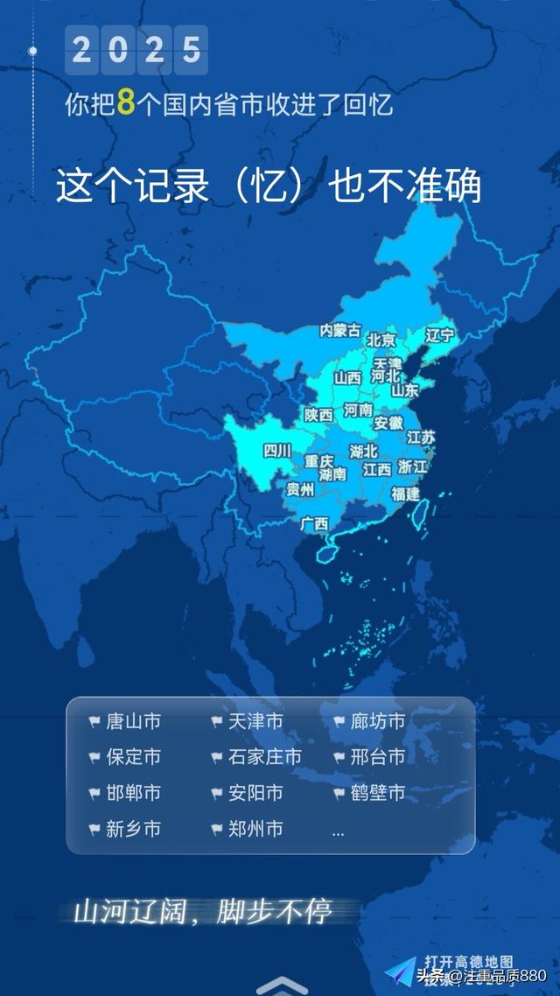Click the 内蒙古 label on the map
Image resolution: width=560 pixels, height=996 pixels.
(x=340, y=330)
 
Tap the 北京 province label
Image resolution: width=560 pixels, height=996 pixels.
(x=381, y=340)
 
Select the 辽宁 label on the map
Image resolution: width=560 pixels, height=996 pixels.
(x=439, y=335)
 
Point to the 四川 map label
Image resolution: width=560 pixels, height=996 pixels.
(x=277, y=452)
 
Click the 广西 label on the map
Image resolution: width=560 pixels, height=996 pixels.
(x=314, y=524)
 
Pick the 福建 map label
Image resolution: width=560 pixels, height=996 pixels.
(x=405, y=494)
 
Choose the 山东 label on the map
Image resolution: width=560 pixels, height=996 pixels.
(x=404, y=390)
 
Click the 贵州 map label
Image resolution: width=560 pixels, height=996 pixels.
(x=300, y=489)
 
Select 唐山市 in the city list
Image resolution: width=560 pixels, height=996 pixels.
(x=133, y=722)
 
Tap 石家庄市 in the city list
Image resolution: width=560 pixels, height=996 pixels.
(x=264, y=757)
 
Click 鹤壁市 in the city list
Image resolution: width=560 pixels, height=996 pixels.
(x=378, y=793)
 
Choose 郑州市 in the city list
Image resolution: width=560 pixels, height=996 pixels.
(x=255, y=829)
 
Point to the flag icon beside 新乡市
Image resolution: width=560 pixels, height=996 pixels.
(x=94, y=829)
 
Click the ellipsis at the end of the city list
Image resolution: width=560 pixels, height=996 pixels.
(x=338, y=831)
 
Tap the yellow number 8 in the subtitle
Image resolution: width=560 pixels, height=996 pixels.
(x=126, y=103)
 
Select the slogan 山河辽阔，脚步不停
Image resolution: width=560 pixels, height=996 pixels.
(x=202, y=912)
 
